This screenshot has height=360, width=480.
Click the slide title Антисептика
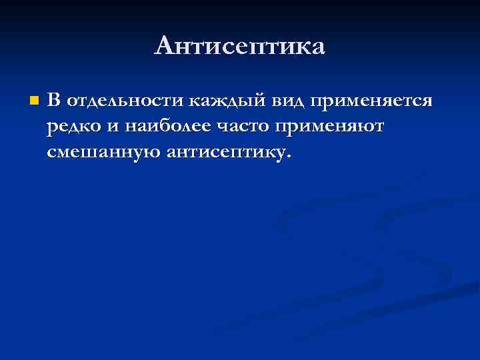240,46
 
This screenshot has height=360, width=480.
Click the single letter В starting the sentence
54,101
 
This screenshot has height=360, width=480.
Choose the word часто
243,127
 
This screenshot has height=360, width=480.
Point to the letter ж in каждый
216,101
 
